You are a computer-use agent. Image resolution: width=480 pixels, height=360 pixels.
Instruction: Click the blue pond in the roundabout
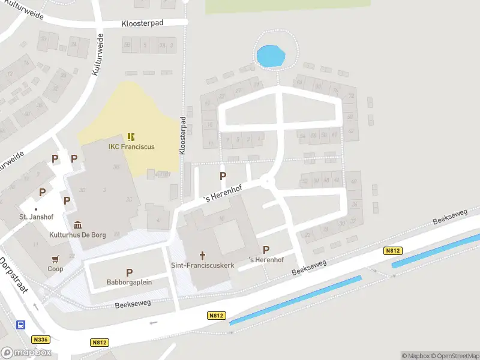point(270,57)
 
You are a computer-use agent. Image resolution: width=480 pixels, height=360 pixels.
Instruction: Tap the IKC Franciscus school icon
point(131,137)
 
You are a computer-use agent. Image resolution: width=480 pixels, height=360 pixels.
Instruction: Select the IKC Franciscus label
point(131,147)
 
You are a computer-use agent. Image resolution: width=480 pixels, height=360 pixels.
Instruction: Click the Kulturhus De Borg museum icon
point(78,224)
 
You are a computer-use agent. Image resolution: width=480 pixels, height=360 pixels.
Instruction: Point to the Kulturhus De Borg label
point(78,235)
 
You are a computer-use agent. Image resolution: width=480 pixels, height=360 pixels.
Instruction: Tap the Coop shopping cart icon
point(55,259)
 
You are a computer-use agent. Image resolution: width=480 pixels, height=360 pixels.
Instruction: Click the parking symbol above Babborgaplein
point(129,272)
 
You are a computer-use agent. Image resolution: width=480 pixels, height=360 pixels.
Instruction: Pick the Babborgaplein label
point(129,282)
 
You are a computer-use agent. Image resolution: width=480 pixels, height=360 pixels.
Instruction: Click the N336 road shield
point(41,339)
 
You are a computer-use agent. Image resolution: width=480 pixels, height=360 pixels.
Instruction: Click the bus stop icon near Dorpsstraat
point(20,325)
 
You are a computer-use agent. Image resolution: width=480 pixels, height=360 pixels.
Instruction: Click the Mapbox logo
point(26,353)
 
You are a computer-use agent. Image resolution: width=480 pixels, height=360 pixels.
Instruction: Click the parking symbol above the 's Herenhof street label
point(223,176)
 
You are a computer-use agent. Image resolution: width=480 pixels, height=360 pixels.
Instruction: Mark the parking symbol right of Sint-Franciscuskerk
point(266,250)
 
